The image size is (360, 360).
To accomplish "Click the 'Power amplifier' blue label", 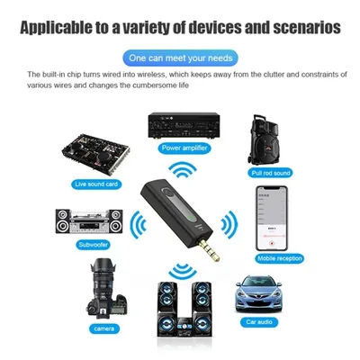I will [184, 148].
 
